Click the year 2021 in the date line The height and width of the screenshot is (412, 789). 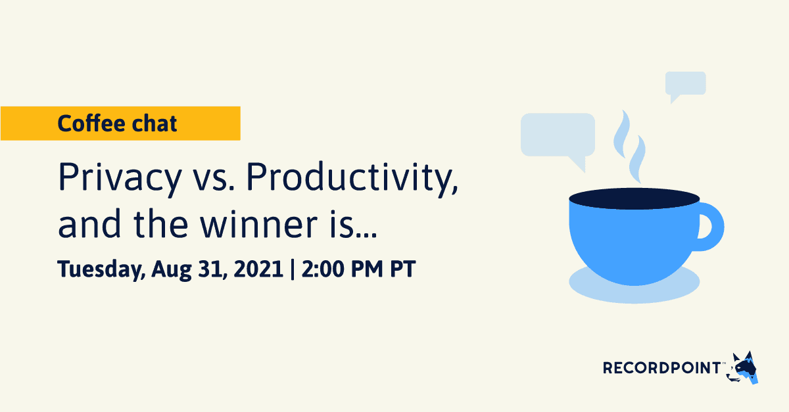click(x=255, y=269)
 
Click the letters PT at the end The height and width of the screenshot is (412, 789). click(x=403, y=269)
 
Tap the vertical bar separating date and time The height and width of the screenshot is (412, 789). click(x=292, y=269)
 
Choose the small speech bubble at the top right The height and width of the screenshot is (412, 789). click(x=685, y=83)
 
